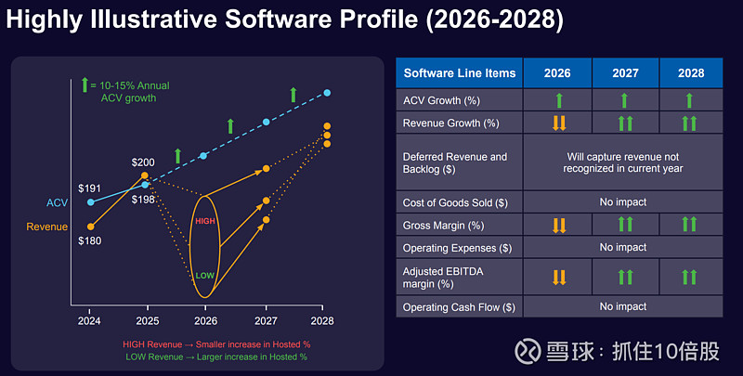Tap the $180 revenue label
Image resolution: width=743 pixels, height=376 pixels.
pyautogui.click(x=90, y=240)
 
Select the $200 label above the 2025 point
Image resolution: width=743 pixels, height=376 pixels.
pyautogui.click(x=144, y=162)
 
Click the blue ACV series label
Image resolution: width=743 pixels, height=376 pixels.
pyautogui.click(x=57, y=202)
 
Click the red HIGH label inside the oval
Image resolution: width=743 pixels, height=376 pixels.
pyautogui.click(x=204, y=221)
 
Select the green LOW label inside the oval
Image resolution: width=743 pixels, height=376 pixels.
pyautogui.click(x=204, y=275)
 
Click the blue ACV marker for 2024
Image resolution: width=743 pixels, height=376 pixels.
pyautogui.click(x=90, y=201)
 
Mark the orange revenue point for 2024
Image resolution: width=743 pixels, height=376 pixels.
pyautogui.click(x=90, y=226)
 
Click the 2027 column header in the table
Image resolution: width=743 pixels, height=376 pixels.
pyautogui.click(x=624, y=71)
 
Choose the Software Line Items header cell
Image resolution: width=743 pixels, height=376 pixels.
pyautogui.click(x=459, y=71)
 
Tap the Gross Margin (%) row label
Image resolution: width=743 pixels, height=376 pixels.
pyautogui.click(x=442, y=225)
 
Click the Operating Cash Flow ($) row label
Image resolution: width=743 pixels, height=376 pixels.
pyautogui.click(x=459, y=307)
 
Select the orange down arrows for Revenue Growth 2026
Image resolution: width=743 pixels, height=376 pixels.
pyautogui.click(x=557, y=123)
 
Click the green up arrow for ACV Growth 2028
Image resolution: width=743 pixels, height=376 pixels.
pyautogui.click(x=690, y=99)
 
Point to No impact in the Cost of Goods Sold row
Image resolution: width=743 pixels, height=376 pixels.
pyautogui.click(x=623, y=201)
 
